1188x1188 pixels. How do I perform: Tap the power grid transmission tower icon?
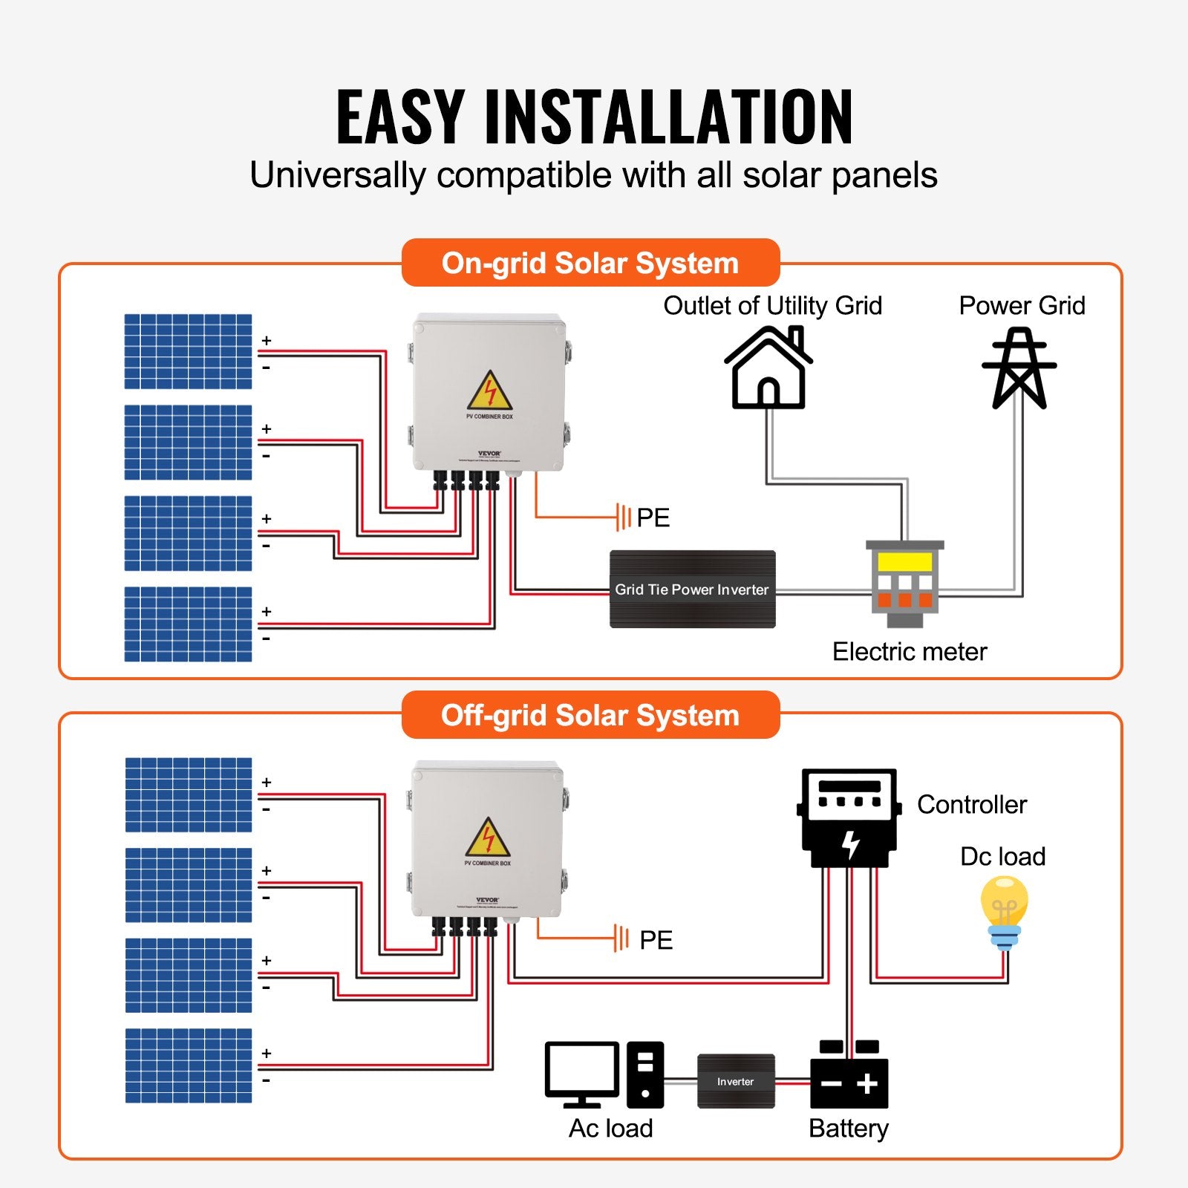click(1019, 369)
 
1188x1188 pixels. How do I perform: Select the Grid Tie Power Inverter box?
click(692, 589)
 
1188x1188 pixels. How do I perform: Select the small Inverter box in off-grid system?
click(736, 1081)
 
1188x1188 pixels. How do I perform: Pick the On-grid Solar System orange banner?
click(590, 263)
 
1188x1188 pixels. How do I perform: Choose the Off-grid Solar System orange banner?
click(590, 715)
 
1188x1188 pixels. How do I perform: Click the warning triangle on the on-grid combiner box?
click(489, 392)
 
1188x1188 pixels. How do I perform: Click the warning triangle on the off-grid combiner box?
click(488, 839)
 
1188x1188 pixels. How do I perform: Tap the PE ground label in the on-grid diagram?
click(653, 518)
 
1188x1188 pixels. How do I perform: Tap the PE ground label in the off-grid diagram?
click(656, 940)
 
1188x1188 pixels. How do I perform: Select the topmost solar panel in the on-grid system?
click(188, 351)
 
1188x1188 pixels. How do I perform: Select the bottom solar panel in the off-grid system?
click(189, 1065)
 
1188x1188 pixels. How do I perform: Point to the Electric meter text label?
click(909, 651)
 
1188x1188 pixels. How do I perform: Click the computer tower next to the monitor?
click(644, 1074)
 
